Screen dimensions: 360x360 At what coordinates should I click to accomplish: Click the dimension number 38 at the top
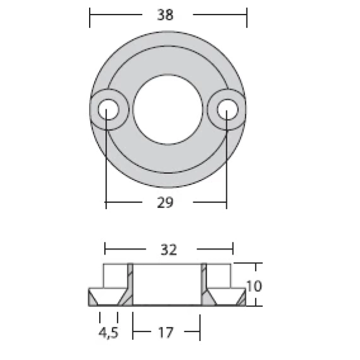pos(165,15)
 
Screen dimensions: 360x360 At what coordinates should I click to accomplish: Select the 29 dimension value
pos(165,203)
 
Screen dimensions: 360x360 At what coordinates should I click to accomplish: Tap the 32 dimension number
pos(169,249)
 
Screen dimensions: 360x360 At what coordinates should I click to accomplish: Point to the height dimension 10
pos(254,286)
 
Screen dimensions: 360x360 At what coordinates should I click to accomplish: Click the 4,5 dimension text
pos(109,333)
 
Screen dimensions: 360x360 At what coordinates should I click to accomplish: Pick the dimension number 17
pos(165,332)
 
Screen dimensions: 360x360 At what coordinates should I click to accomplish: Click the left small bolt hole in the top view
pos(109,109)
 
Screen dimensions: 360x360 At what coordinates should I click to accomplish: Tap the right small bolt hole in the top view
pos(228,109)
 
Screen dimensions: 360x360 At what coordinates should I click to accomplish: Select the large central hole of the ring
pos(168,109)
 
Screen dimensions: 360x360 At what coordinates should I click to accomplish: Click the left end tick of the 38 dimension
pos(90,18)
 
